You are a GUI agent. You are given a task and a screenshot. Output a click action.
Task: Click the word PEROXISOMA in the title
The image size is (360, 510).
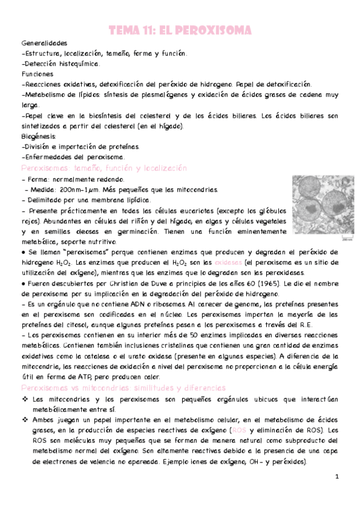(216, 30)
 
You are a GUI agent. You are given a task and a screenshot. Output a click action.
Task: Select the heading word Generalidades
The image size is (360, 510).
(44, 44)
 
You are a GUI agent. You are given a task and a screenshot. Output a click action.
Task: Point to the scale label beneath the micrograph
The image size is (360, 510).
(346, 239)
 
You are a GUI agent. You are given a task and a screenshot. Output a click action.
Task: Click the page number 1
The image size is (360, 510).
(338, 476)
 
